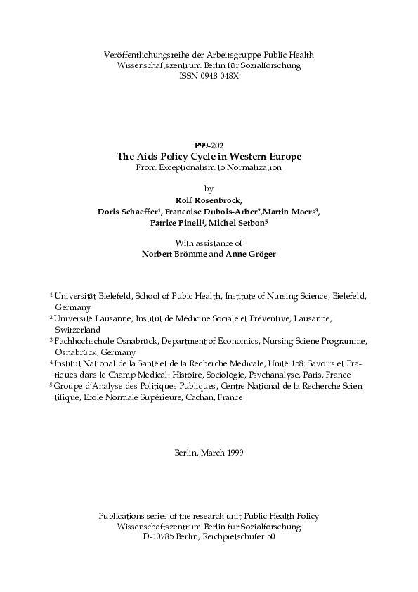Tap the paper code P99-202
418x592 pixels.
point(209,146)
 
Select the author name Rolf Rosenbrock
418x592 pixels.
point(209,200)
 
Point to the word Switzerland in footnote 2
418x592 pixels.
point(78,329)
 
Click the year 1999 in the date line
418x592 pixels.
point(235,452)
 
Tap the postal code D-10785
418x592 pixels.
point(157,536)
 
